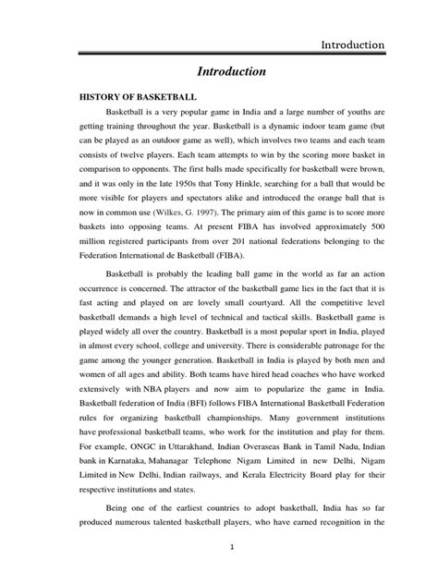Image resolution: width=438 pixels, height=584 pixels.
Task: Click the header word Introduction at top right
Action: pos(352,44)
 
